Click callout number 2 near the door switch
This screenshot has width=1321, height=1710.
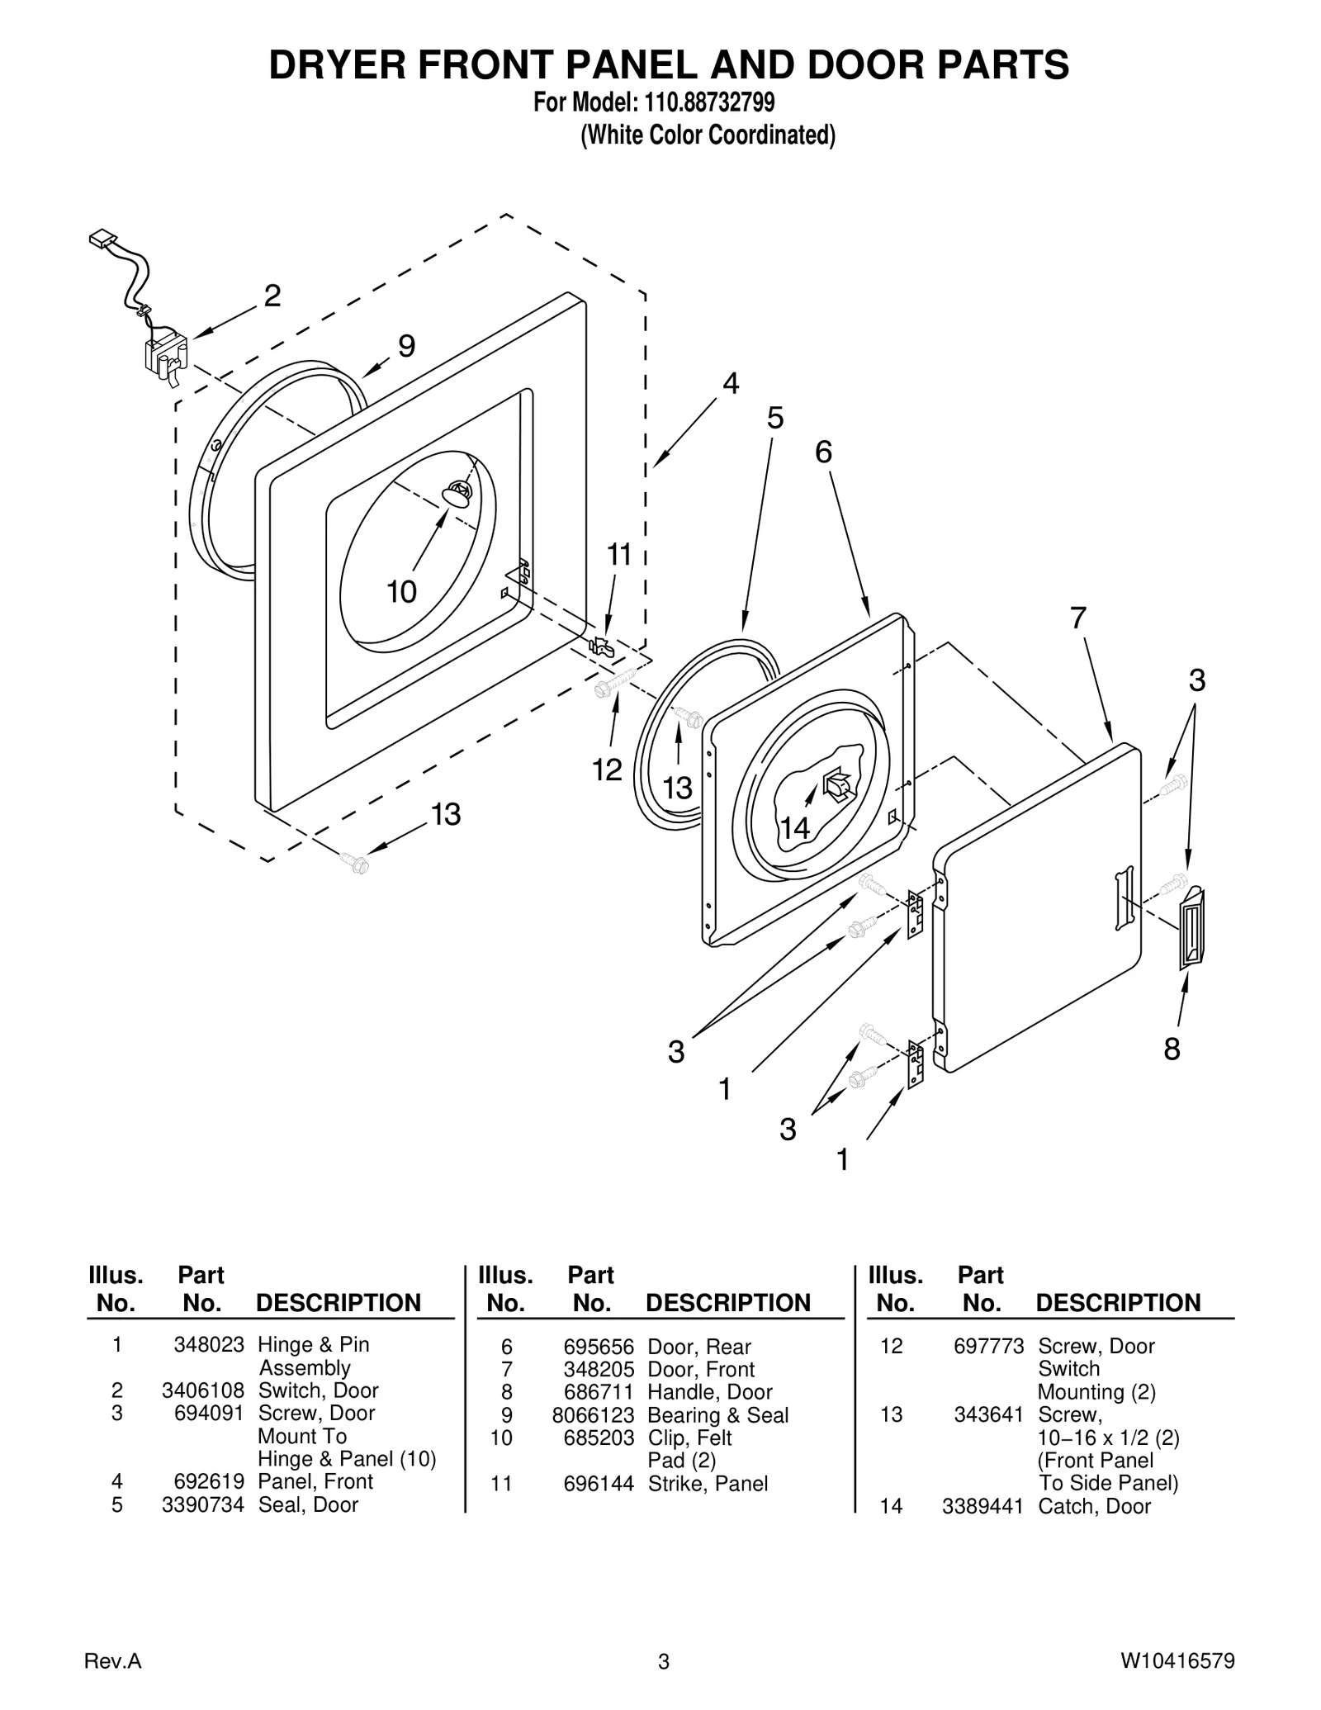point(272,296)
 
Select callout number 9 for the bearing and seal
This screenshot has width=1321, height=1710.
point(406,346)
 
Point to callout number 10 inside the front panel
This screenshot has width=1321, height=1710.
point(402,591)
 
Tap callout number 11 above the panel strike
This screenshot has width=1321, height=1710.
point(619,555)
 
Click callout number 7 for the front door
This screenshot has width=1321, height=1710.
point(1078,618)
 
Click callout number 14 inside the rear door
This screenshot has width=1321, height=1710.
point(795,828)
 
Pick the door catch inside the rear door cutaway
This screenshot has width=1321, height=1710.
point(836,784)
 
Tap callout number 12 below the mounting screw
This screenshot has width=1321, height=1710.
point(607,770)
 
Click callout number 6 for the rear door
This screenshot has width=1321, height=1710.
point(823,452)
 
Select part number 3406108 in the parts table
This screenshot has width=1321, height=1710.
point(203,1390)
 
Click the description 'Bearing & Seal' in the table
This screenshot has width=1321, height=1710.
point(718,1415)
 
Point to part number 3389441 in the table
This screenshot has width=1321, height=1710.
point(982,1506)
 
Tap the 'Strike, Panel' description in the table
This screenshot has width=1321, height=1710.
point(708,1484)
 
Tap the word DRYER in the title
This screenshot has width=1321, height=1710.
point(339,66)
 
